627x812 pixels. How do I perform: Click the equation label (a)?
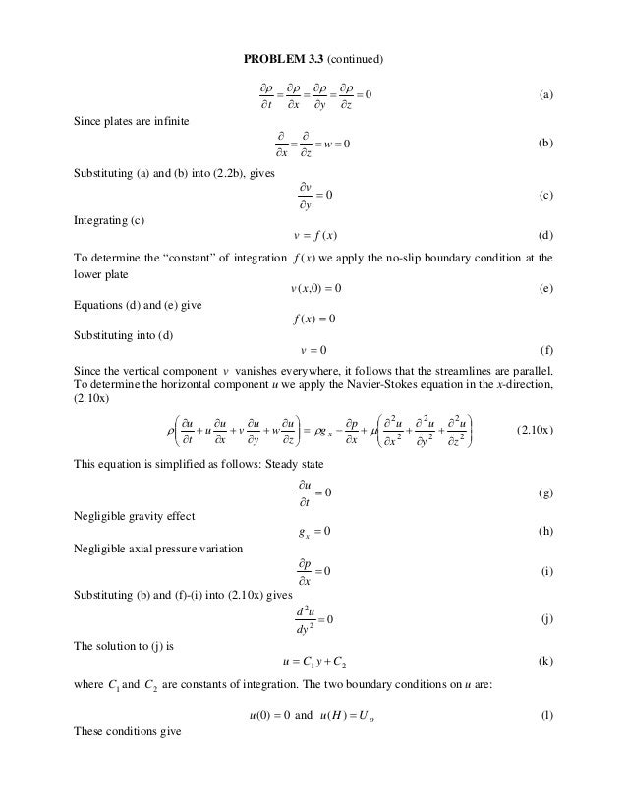click(x=546, y=95)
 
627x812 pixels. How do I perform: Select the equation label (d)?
click(x=546, y=236)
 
